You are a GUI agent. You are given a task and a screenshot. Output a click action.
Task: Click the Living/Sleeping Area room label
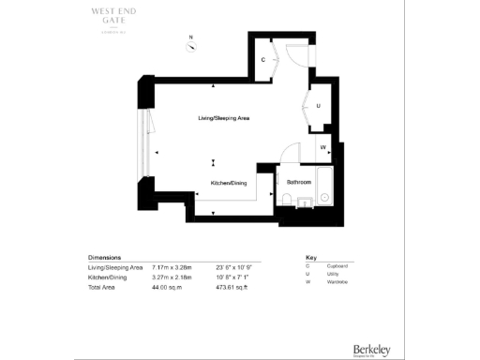pos(223,118)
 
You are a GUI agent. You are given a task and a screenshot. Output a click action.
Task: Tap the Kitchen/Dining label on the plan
pos(228,183)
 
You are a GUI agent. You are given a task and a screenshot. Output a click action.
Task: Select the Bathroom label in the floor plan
pos(299,181)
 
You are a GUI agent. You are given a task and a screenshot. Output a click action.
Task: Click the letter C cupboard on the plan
pos(263,60)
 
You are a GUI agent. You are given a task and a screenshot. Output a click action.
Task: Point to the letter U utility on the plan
pos(318,106)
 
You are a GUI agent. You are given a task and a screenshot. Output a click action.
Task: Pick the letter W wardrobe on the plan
pos(322,148)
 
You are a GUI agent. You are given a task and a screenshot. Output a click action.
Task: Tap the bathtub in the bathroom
pos(324,187)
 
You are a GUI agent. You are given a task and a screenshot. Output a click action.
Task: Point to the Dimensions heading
pos(106,257)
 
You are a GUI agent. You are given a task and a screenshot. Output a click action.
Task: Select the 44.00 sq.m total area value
pos(166,282)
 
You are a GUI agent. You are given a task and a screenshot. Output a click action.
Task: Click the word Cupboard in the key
pos(344,266)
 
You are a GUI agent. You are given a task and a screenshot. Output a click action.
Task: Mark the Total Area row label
pos(102,282)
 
